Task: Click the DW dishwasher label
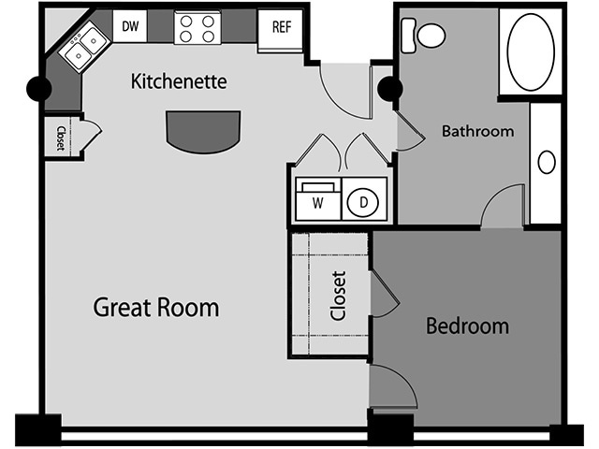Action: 130,26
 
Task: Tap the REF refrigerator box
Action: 281,26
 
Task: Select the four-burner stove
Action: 197,27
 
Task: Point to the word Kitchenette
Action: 179,82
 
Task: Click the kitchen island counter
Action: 204,131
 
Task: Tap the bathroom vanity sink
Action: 546,162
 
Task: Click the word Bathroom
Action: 477,132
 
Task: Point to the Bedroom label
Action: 467,326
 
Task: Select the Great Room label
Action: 156,307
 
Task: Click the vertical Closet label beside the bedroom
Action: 338,296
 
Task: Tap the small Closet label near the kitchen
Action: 60,138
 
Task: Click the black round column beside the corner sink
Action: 39,89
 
